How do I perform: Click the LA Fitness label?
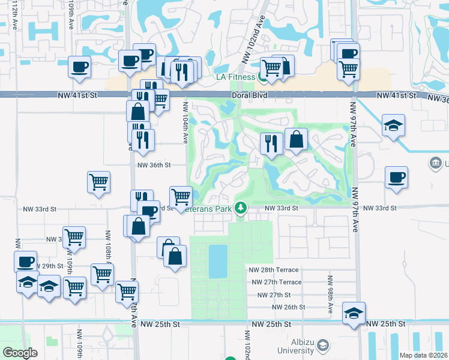coord(235,76)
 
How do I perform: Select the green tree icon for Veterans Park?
coord(241,208)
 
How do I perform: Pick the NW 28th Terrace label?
coord(274,270)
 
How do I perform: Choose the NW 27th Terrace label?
coord(276,282)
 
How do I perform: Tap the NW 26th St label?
coord(289,307)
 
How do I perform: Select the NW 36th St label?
coord(154,165)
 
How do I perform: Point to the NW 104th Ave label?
coord(186,122)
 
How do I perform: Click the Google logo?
coord(20,353)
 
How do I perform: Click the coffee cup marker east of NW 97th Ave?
coord(396,178)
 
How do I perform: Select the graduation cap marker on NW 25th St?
coord(354,313)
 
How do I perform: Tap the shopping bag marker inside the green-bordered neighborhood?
coord(297,140)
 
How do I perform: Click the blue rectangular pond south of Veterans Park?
coord(218,261)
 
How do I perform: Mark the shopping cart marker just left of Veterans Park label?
coord(181,196)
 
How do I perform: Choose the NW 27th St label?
coord(273,295)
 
